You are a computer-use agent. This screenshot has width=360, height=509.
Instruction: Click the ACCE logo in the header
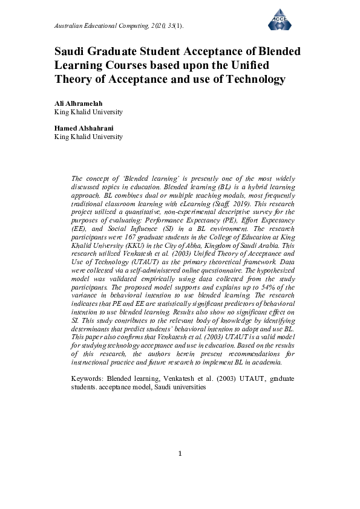pyautogui.click(x=280, y=19)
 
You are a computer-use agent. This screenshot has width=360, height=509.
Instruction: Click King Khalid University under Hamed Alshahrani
pyautogui.click(x=88, y=137)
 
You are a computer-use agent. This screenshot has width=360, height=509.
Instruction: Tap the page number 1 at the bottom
pyautogui.click(x=180, y=454)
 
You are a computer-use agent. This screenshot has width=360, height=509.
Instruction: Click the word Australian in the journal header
pyautogui.click(x=69, y=27)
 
